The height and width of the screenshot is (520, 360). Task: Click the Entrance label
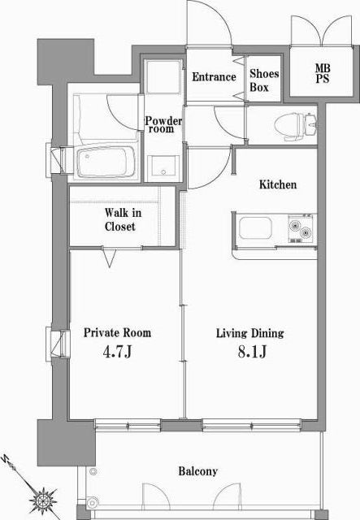pyautogui.click(x=214, y=77)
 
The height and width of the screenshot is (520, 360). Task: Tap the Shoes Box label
pyautogui.click(x=264, y=80)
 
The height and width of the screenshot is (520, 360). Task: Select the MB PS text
pyautogui.click(x=323, y=74)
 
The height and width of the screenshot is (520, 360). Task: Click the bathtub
pyautogui.click(x=106, y=162)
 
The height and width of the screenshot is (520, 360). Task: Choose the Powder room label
pyautogui.click(x=163, y=124)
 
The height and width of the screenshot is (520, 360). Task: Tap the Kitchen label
pyautogui.click(x=278, y=184)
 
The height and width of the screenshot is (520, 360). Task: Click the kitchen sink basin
pyautogui.click(x=255, y=227)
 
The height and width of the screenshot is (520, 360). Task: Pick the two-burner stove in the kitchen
pyautogui.click(x=301, y=229)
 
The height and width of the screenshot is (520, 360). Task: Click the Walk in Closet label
pyautogui.click(x=123, y=219)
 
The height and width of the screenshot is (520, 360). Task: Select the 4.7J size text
pyautogui.click(x=118, y=352)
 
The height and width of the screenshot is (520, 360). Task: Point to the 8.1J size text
pyautogui.click(x=252, y=352)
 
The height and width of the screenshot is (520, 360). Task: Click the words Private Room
pyautogui.click(x=117, y=332)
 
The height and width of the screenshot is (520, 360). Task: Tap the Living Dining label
pyautogui.click(x=250, y=333)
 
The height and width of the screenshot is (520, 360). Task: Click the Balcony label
pyautogui.click(x=198, y=471)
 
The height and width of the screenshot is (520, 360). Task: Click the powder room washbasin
pyautogui.click(x=163, y=168)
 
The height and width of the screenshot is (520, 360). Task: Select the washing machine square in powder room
pyautogui.click(x=163, y=77)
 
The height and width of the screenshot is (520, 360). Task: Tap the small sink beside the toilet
pyautogui.click(x=311, y=124)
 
